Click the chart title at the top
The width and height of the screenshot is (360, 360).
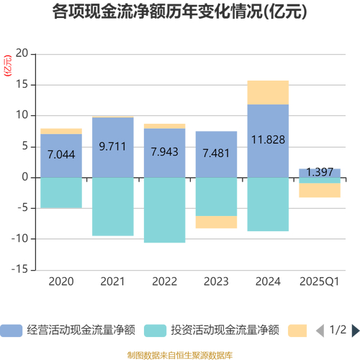tap(180, 13)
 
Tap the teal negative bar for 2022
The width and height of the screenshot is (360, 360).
tap(164, 210)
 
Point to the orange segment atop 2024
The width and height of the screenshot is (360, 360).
tap(268, 92)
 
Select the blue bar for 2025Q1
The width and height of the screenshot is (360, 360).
tap(320, 171)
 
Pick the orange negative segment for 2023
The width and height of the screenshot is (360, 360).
tap(216, 222)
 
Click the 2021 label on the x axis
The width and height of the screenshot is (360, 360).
tap(112, 281)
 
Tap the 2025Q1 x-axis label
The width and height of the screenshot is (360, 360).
tap(320, 281)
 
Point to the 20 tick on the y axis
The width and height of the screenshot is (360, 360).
tap(21, 54)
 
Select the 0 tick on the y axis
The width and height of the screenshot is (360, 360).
tap(24, 177)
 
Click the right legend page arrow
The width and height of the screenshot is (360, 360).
tap(353, 330)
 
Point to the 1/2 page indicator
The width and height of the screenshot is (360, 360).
tap(337, 330)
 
